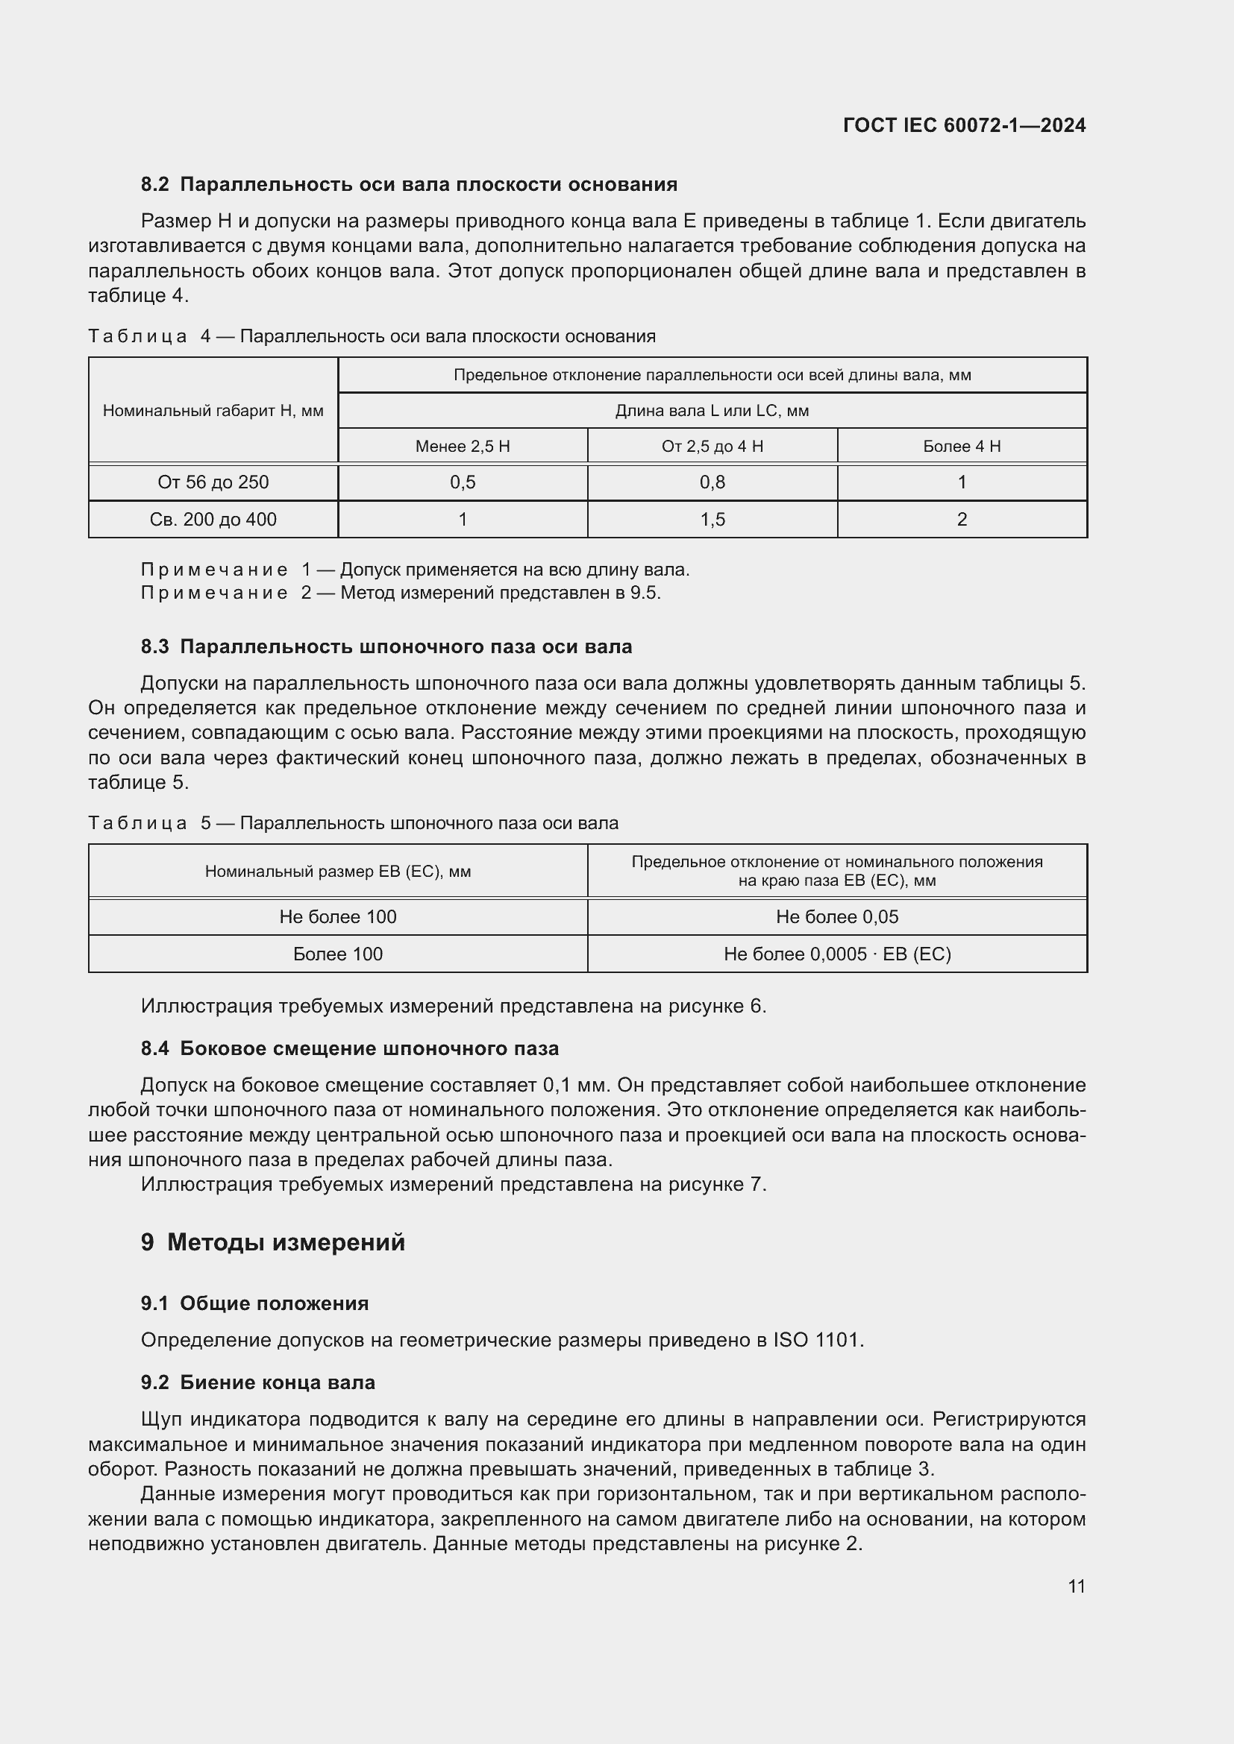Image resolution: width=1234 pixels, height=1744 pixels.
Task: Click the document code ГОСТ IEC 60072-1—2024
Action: click(963, 125)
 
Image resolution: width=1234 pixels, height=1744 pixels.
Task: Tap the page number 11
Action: click(1076, 1586)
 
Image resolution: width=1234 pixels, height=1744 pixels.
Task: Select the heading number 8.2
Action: click(155, 185)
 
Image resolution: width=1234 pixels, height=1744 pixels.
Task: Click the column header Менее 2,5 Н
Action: click(462, 446)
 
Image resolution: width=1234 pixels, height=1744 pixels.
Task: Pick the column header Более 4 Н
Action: click(961, 446)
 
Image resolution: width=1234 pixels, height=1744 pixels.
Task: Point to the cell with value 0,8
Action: click(712, 482)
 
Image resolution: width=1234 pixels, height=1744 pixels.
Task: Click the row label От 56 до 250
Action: click(213, 482)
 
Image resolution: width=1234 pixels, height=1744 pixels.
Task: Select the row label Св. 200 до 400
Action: click(213, 520)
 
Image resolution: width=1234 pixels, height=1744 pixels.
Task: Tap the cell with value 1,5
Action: click(712, 520)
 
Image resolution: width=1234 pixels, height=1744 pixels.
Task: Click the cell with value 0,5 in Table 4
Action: click(462, 482)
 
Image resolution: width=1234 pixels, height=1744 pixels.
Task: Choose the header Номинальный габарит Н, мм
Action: click(213, 411)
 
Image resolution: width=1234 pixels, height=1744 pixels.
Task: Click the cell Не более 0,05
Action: click(836, 917)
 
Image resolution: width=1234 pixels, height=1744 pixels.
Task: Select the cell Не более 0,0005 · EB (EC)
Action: click(836, 954)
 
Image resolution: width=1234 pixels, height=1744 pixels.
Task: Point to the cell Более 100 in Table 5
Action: click(337, 954)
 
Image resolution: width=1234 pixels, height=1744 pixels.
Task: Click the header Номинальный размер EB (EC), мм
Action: click(337, 871)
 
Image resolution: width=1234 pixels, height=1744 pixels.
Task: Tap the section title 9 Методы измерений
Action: click(274, 1243)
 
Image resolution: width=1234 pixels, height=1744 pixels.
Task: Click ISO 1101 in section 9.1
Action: click(817, 1340)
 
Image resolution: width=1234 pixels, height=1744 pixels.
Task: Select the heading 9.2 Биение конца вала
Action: click(258, 1382)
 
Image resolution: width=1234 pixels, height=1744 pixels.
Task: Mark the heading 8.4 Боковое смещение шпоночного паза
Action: click(349, 1048)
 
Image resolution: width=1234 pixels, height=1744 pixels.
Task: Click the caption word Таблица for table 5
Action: click(137, 823)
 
